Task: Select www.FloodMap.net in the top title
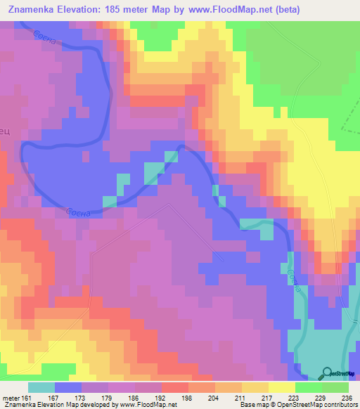(x=229, y=10)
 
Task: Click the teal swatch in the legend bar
(x=41, y=387)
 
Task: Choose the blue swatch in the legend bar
(x=68, y=387)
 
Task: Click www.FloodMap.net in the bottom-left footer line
(x=141, y=405)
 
